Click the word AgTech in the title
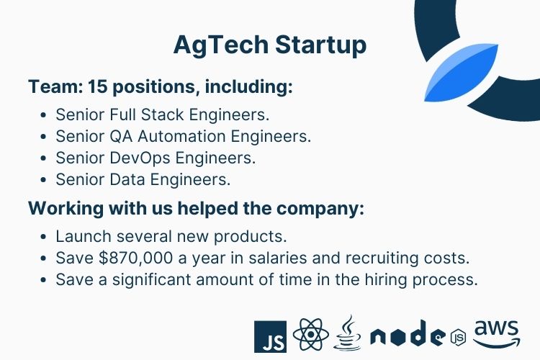click(x=221, y=45)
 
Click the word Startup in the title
click(x=320, y=45)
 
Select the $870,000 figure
click(x=135, y=258)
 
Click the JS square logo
click(x=270, y=336)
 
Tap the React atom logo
click(x=310, y=335)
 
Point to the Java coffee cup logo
click(x=348, y=333)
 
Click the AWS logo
click(x=497, y=333)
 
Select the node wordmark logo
click(x=418, y=333)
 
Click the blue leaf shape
click(x=462, y=73)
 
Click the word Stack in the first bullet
click(x=163, y=114)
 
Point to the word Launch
click(x=84, y=236)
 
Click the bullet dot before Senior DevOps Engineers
click(x=43, y=158)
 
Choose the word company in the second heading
click(x=320, y=209)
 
